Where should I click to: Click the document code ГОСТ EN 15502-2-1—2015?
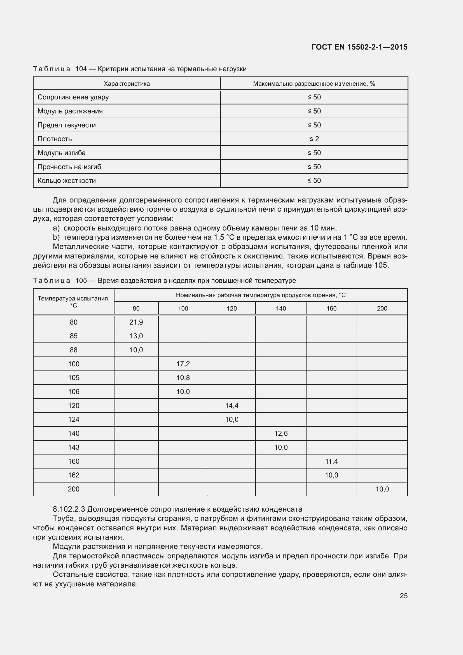[x=359, y=47]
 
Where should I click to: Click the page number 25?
[x=403, y=596]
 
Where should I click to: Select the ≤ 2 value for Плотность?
[x=314, y=139]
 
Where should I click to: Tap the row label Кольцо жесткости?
[x=67, y=181]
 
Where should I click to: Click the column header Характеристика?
[x=127, y=83]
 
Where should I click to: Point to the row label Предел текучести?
[x=67, y=125]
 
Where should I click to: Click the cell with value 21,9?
[x=136, y=322]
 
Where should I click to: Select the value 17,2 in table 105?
[x=183, y=364]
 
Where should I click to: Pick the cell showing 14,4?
[x=231, y=405]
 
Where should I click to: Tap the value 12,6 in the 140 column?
[x=281, y=433]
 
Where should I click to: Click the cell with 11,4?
[x=331, y=461]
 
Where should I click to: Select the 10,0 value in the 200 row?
[x=382, y=489]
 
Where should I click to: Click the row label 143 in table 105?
[x=74, y=447]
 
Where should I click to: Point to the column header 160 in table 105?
[x=331, y=308]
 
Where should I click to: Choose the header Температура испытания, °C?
[x=74, y=302]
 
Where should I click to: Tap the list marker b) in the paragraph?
[x=56, y=237]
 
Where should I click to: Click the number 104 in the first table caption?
[x=81, y=69]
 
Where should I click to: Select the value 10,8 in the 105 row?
[x=183, y=378]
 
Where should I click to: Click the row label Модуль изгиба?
[x=62, y=153]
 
